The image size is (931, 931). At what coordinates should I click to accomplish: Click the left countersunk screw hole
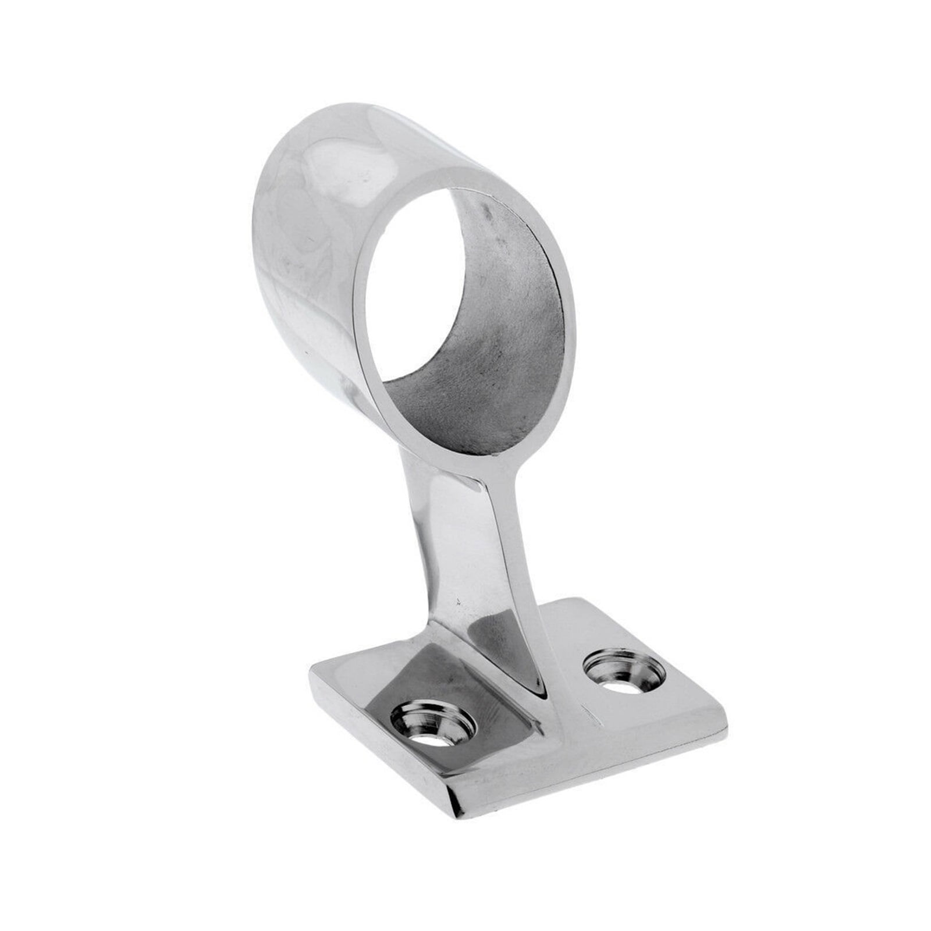tap(432, 724)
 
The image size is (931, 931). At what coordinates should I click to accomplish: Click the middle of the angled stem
tap(465, 559)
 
